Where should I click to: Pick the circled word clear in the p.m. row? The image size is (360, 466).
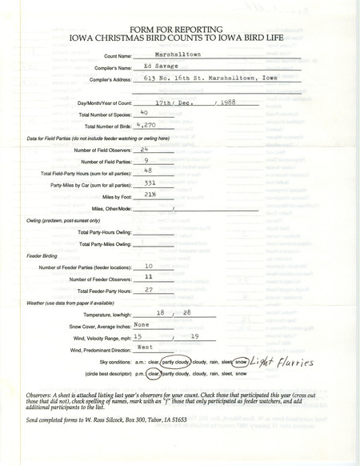click(x=152, y=373)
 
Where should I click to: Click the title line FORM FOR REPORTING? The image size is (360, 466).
click(x=180, y=24)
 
